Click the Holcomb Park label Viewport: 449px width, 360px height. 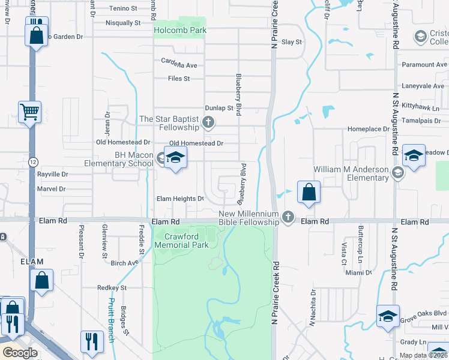point(180,30)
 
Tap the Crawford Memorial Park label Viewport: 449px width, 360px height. point(182,241)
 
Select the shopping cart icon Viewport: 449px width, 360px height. point(29,112)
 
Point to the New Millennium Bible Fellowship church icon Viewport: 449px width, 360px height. point(288,218)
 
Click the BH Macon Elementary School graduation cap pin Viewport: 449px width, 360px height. point(175,158)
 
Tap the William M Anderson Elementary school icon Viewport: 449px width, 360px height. point(397,173)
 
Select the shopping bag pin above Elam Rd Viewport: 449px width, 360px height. point(309,193)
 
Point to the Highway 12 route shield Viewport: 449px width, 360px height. point(34,162)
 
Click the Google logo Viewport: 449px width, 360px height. point(20,353)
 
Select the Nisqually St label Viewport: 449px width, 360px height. point(122,23)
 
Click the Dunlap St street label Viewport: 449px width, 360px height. point(218,108)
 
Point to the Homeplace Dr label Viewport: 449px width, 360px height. point(369,129)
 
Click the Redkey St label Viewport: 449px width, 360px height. point(112,288)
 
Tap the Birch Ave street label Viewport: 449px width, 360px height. point(124,263)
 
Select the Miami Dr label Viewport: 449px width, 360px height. point(359,272)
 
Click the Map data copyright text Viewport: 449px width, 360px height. point(423,355)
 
